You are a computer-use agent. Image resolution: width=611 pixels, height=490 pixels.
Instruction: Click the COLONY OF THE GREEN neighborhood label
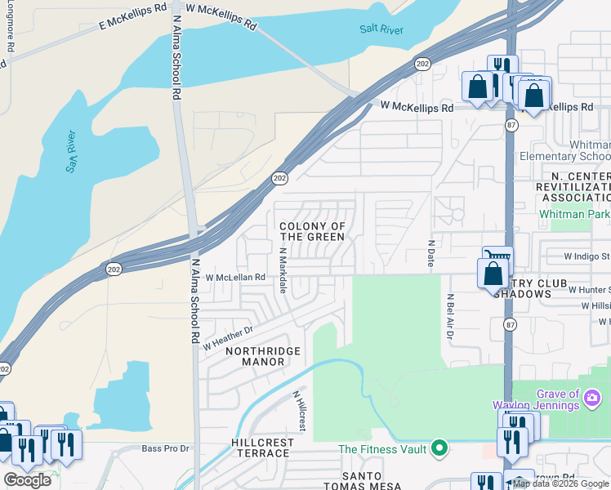[x=312, y=231]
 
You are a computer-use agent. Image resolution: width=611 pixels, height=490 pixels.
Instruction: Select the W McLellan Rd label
[x=235, y=278]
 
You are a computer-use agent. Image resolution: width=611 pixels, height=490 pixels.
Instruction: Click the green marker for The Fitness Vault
[x=439, y=448]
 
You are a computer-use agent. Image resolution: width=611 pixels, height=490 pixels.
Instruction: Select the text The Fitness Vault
[x=383, y=449]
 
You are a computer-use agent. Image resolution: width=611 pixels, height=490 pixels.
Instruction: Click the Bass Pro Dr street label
[x=165, y=448]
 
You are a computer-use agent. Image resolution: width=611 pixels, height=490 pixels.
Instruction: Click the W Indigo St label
[x=586, y=256]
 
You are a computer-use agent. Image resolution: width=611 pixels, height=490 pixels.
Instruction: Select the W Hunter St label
[x=590, y=289]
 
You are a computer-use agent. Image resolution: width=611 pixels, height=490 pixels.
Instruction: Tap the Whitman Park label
[x=574, y=214]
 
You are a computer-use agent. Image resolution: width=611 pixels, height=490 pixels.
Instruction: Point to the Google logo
[x=27, y=480]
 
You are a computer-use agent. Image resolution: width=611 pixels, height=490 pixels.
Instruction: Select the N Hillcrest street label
[x=300, y=411]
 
